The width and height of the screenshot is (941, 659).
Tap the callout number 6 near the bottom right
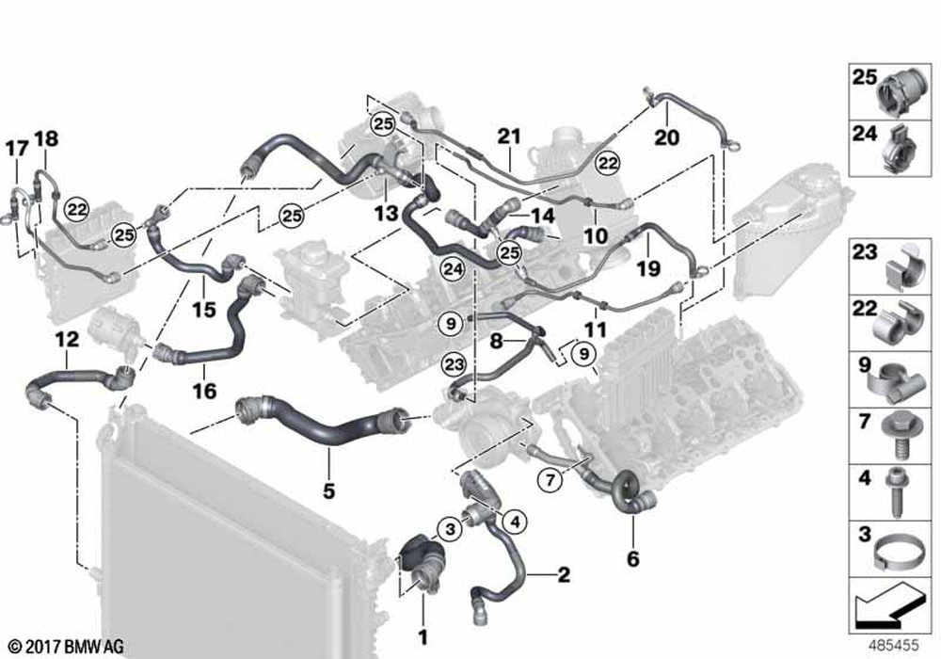point(632,559)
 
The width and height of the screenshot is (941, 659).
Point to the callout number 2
point(563,573)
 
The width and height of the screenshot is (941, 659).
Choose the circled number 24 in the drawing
point(454,268)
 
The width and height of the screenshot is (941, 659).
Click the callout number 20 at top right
point(665,137)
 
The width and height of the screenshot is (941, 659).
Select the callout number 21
point(509,137)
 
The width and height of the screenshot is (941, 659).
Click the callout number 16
point(205,390)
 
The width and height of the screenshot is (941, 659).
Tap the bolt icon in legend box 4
point(897,490)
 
